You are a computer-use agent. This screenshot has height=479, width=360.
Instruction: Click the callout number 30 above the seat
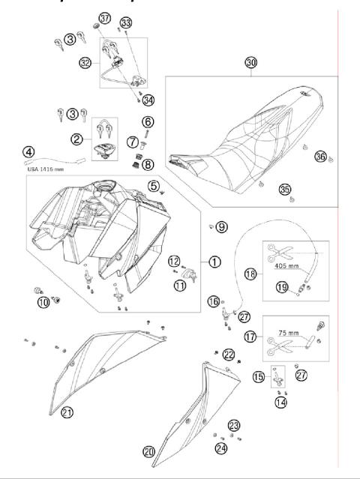(x=250, y=63)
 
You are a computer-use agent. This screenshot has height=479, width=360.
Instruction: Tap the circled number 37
(x=104, y=18)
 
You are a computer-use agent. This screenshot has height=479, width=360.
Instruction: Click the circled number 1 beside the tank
(x=214, y=262)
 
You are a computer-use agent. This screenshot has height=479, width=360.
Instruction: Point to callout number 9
(x=222, y=225)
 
